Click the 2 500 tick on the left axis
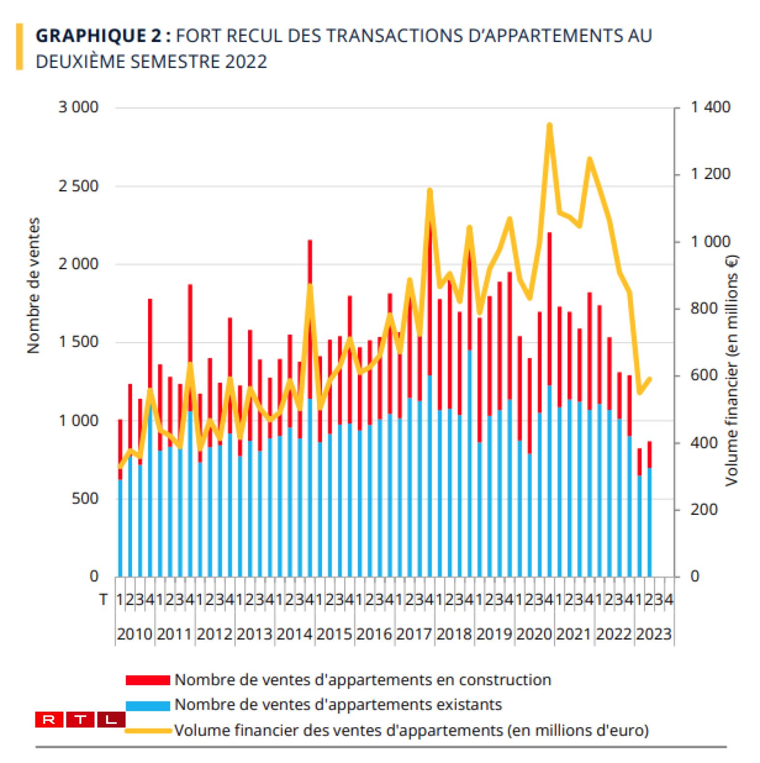78,186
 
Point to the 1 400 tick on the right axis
710,107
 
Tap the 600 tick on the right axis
703,375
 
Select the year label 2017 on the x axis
414,634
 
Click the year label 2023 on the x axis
654,634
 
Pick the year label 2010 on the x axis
134,634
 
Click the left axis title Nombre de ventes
33,285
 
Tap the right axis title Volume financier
731,370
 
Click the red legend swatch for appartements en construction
147,680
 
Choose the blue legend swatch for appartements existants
147,705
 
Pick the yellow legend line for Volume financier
147,731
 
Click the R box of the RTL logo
49,719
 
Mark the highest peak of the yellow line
549,125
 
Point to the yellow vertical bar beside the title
19,47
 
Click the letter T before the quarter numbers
103,600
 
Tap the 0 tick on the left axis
94,576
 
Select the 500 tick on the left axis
85,498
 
